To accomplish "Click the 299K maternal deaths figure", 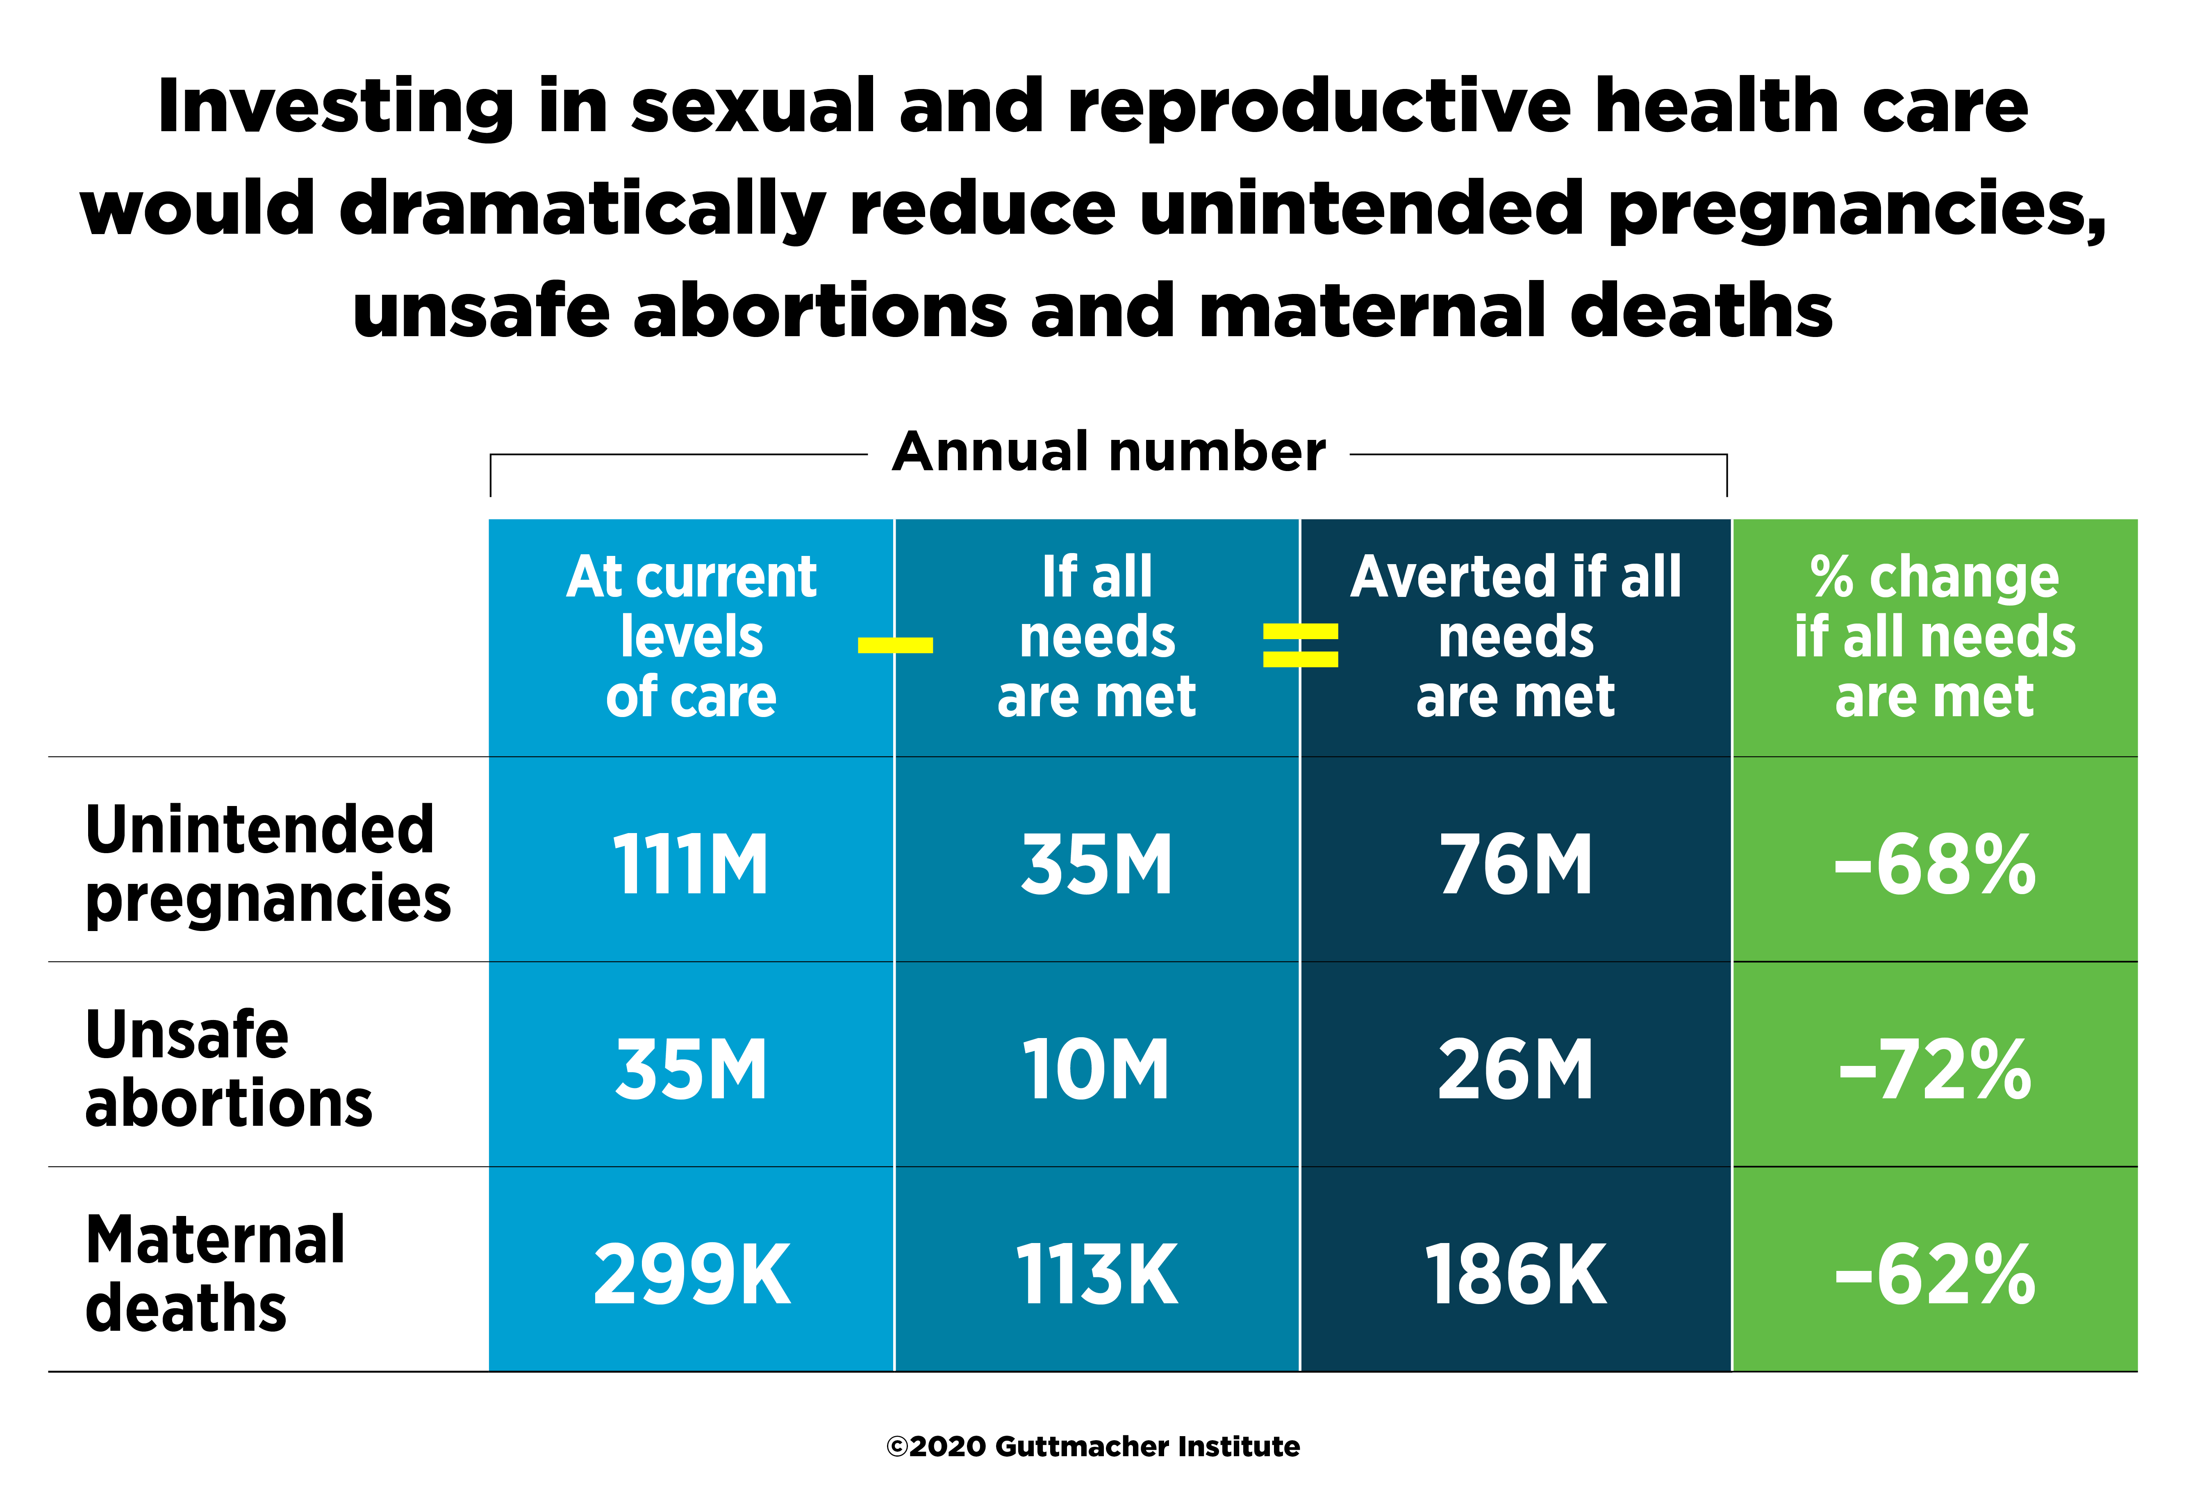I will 691,1275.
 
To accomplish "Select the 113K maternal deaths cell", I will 1096,1275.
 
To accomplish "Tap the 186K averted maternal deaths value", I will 1516,1275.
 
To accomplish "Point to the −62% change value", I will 1934,1275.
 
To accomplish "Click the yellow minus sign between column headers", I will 894,645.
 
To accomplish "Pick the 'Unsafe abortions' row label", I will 228,1068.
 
